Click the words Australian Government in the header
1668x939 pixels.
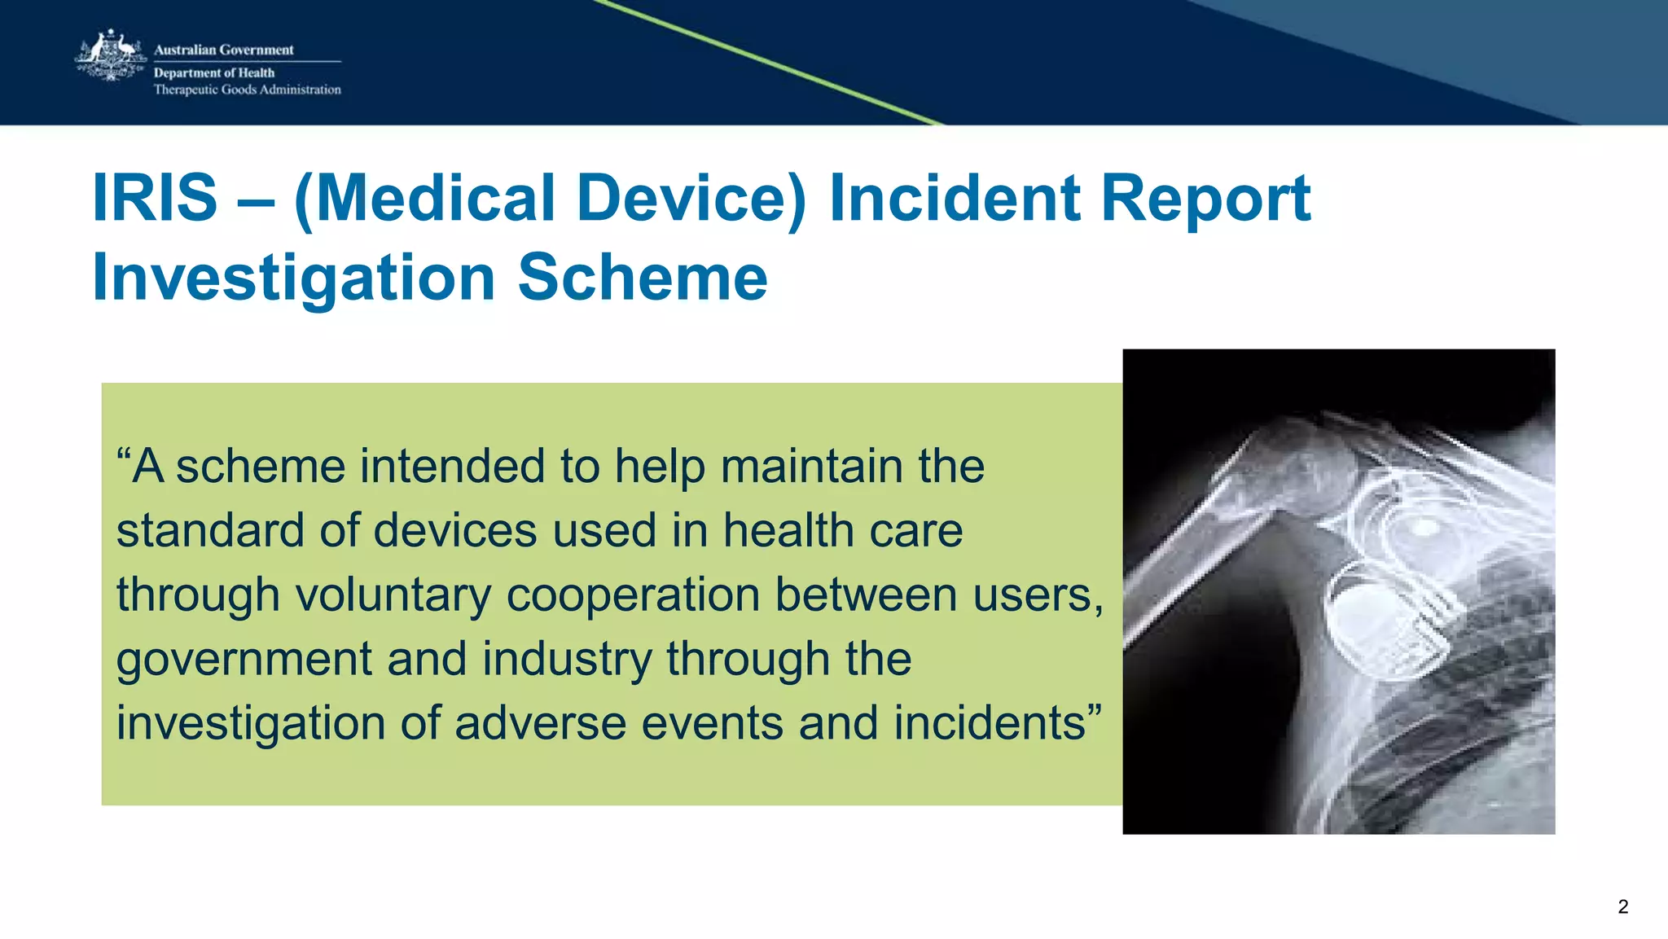point(223,50)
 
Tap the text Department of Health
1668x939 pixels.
point(213,72)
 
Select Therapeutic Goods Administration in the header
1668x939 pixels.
point(247,90)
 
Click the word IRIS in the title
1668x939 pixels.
point(155,198)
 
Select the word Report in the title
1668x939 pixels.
point(1205,198)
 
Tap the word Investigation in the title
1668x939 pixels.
point(293,278)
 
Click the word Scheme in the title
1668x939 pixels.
point(643,278)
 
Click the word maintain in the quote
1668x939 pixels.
point(811,466)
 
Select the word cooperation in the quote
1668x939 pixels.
point(632,595)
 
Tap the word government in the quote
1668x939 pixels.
point(244,659)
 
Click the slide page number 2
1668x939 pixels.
point(1622,906)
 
